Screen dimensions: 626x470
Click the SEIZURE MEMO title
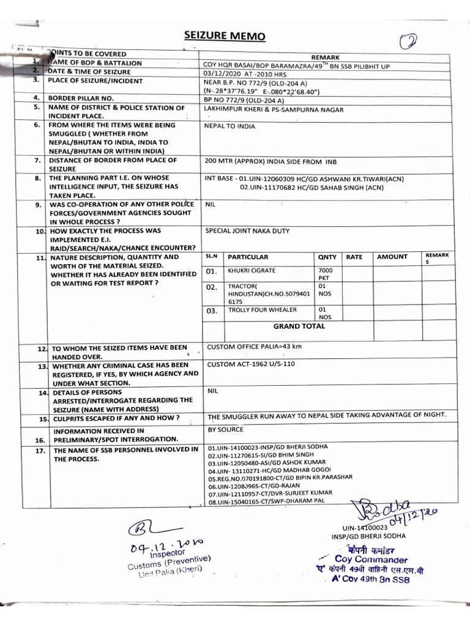pos(225,36)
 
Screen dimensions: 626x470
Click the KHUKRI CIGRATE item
pos(252,270)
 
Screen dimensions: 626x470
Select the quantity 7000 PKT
pos(325,273)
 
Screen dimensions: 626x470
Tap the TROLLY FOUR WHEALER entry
pos(261,311)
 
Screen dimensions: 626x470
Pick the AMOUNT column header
pos(391,257)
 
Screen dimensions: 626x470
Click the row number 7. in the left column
pos(37,161)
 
